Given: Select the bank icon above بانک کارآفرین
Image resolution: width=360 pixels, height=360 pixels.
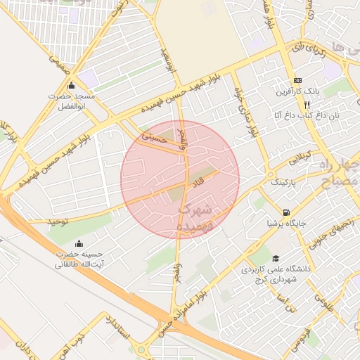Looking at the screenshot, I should [x=298, y=80].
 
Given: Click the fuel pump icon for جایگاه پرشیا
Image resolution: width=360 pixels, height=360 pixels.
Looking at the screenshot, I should [x=285, y=212].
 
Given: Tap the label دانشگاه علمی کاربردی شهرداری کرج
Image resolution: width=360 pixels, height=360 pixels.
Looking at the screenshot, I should [x=274, y=274].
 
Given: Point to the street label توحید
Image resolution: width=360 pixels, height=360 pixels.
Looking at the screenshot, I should [x=57, y=221].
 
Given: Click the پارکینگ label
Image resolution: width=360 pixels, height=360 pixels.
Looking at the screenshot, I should [x=286, y=181].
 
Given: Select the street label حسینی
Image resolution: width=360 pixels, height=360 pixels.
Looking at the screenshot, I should [x=155, y=138].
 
